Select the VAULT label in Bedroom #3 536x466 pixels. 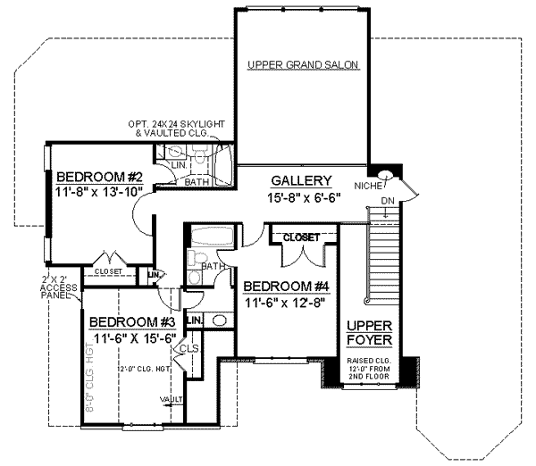click(x=171, y=398)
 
